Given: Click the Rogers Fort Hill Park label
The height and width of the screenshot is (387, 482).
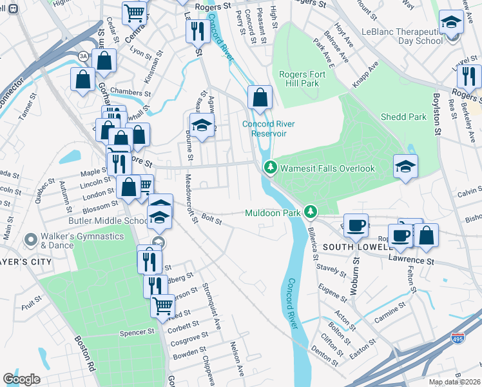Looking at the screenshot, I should click(x=302, y=79).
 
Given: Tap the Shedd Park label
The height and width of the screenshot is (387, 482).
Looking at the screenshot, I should click(x=403, y=117).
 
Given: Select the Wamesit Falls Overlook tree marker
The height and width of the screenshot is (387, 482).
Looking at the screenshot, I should click(x=271, y=168).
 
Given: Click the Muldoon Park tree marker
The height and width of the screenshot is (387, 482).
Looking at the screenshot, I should click(x=311, y=212).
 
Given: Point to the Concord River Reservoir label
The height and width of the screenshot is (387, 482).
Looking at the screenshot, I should click(x=264, y=129).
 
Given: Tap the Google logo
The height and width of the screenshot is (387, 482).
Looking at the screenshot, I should click(x=21, y=379).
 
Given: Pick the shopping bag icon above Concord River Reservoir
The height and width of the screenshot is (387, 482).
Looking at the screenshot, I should click(x=260, y=97).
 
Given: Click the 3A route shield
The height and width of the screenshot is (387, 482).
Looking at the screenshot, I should click(x=84, y=56).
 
